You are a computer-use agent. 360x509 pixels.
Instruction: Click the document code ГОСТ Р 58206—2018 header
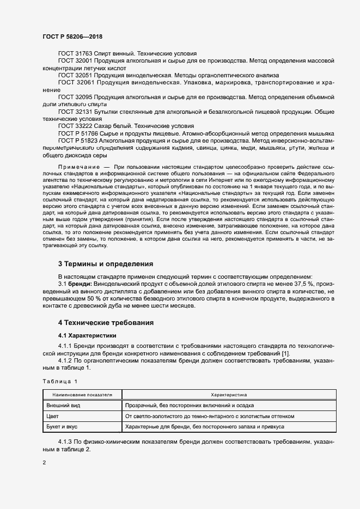(72, 36)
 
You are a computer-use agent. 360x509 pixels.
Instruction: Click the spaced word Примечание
(79, 166)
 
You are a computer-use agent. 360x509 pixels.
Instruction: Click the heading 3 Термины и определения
(106, 264)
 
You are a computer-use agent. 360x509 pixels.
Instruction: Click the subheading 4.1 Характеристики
(87, 335)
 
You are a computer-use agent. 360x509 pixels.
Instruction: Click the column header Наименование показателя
(82, 394)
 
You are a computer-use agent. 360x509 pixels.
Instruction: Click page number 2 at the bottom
(44, 462)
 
